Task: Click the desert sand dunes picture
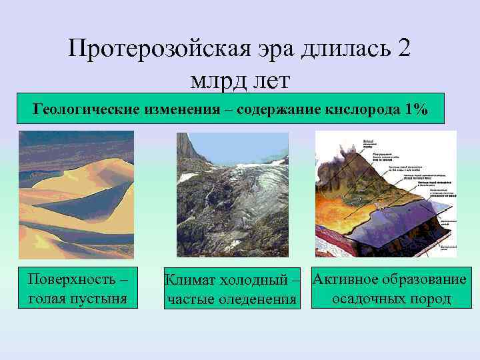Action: click(76, 194)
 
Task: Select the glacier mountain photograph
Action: click(232, 194)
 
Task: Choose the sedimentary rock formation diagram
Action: click(385, 194)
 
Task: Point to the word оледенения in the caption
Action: click(257, 299)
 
